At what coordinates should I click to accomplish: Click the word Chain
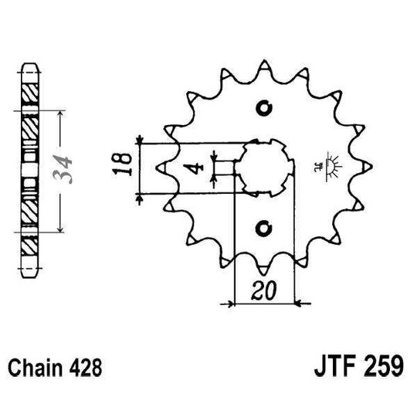click(35, 364)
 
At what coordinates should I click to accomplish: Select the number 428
click(86, 364)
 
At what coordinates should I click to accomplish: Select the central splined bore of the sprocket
click(263, 167)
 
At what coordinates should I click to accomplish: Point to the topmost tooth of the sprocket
click(265, 63)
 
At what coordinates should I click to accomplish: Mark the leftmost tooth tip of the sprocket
click(160, 167)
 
